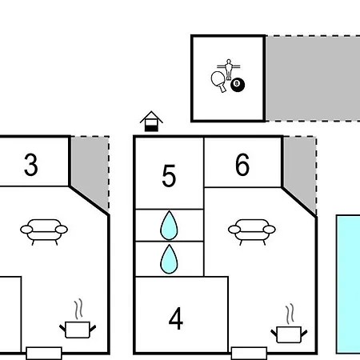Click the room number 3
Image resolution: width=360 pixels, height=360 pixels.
(31, 165)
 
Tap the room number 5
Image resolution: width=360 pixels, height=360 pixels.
(169, 176)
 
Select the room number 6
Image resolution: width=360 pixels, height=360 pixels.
(242, 165)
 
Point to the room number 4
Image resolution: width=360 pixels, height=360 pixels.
(176, 318)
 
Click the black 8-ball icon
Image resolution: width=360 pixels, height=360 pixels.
(238, 85)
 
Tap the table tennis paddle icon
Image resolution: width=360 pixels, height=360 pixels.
(218, 81)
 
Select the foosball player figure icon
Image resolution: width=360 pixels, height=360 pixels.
(229, 69)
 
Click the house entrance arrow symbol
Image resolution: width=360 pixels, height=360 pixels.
(151, 122)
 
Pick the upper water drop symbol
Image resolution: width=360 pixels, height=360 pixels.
(169, 226)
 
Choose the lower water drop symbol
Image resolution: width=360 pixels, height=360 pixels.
(169, 259)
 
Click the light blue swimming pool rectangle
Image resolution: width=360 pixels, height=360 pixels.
(348, 284)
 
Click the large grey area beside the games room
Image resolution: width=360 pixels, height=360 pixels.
(313, 78)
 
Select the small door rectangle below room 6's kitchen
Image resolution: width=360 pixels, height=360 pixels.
(249, 354)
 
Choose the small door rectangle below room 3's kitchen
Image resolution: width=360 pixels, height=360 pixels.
(44, 354)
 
